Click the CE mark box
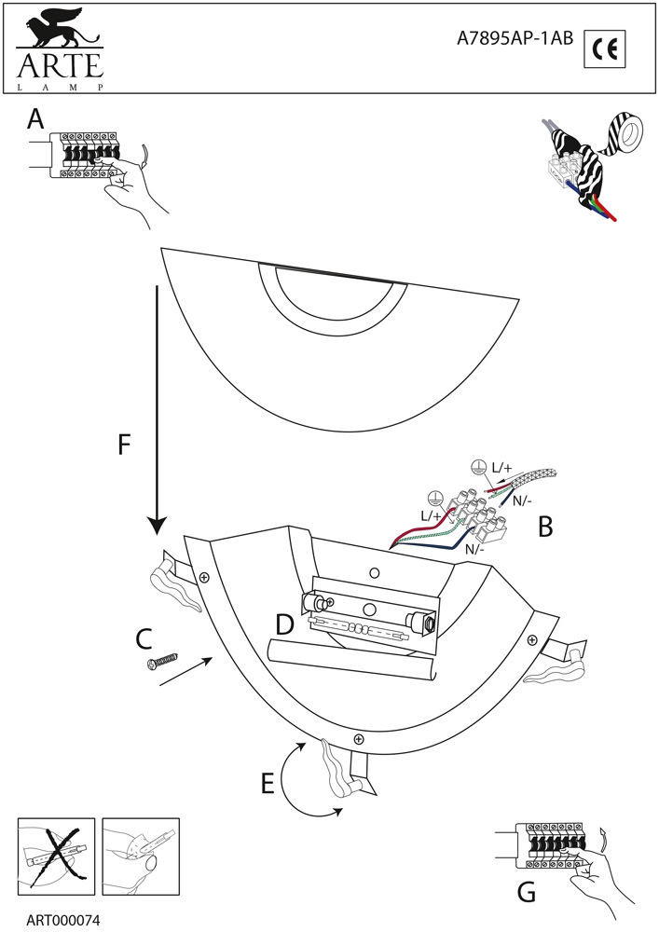(605, 48)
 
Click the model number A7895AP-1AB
(515, 38)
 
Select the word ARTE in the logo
(60, 65)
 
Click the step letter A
(35, 119)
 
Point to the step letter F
(124, 444)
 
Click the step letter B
(545, 527)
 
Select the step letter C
(144, 639)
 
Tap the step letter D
(285, 624)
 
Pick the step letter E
(268, 784)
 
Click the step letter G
(527, 892)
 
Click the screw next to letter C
(162, 661)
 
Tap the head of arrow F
(157, 525)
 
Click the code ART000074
(62, 921)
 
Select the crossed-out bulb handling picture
(56, 856)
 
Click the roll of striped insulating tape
(624, 132)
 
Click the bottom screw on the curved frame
(358, 739)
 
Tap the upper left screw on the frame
(204, 576)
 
